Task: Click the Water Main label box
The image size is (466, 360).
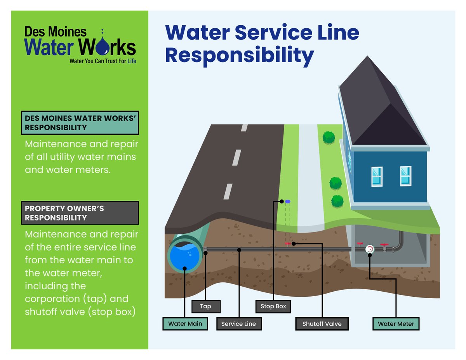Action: [185, 323]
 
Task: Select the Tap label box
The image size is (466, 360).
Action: [206, 306]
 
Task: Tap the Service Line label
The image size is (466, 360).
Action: [238, 323]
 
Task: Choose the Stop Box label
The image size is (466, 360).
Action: [273, 306]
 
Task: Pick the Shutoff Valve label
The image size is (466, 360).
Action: [322, 323]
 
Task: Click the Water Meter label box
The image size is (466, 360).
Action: [396, 323]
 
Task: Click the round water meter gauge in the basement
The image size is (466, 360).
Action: [370, 249]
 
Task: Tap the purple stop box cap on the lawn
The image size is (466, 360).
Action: [287, 202]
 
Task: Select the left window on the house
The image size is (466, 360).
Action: [377, 176]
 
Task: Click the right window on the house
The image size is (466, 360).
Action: [406, 176]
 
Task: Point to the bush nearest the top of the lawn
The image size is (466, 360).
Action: [329, 137]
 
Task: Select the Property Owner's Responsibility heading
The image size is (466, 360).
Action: [80, 213]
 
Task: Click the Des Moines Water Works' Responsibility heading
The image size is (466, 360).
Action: [80, 123]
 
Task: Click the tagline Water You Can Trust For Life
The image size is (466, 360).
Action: [103, 61]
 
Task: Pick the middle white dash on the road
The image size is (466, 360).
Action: [236, 157]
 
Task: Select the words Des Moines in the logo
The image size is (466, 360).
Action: [55, 31]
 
